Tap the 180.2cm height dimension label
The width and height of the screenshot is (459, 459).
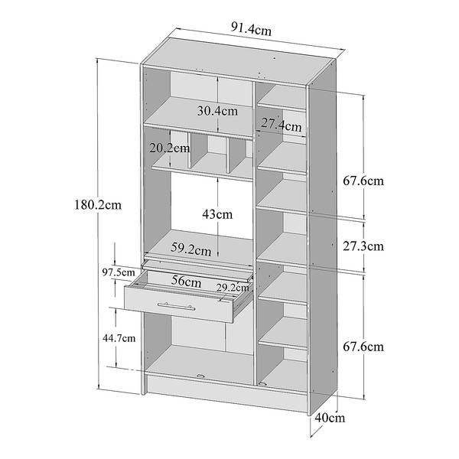pos(99,205)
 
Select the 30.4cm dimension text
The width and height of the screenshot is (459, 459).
pos(216,110)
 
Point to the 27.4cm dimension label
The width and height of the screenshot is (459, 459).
pos(280,123)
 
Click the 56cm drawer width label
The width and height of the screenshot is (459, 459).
pos(186,282)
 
